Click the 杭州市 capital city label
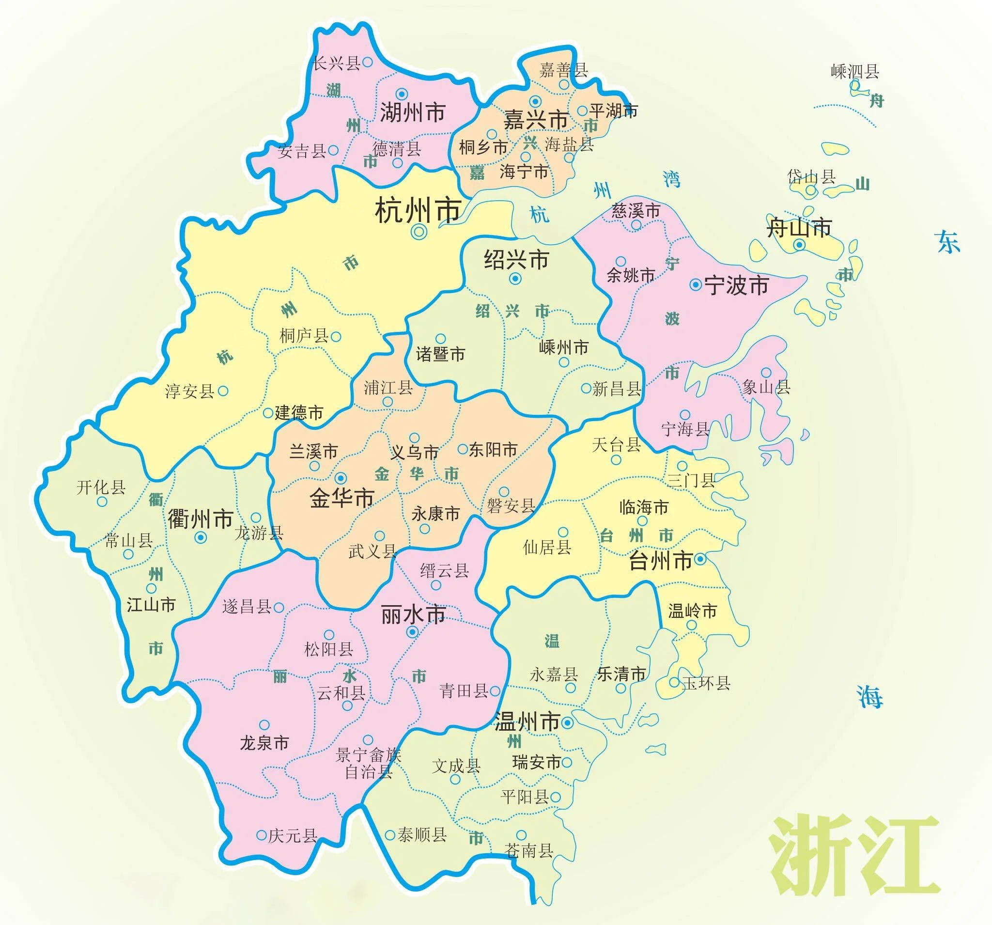[x=417, y=210]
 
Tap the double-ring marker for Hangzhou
[x=419, y=231]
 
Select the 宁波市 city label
[x=736, y=285]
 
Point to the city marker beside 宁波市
[x=695, y=285]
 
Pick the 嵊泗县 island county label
[x=855, y=72]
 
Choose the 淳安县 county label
[x=189, y=392]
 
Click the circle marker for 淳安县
[x=223, y=391]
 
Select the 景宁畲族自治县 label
[x=368, y=763]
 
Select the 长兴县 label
[x=336, y=63]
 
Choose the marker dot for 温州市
[x=567, y=722]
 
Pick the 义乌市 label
[x=414, y=453]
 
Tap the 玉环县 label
[x=706, y=683]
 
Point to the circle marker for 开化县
[x=102, y=502]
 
